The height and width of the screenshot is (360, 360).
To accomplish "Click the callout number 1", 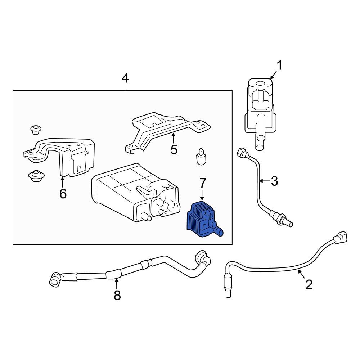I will pyautogui.click(x=280, y=66).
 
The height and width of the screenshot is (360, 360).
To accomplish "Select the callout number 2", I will pyautogui.click(x=309, y=284).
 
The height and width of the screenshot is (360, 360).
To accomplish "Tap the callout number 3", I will pyautogui.click(x=274, y=181).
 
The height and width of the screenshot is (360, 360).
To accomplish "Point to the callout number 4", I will pyautogui.click(x=125, y=78).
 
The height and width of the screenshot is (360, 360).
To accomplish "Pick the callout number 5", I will pyautogui.click(x=174, y=149).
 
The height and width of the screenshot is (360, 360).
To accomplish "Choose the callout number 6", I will pyautogui.click(x=63, y=194).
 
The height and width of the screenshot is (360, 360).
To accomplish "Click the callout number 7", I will pyautogui.click(x=202, y=183).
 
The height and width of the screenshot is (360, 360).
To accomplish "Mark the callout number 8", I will pyautogui.click(x=117, y=295).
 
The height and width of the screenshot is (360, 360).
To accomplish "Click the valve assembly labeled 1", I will pyautogui.click(x=259, y=108).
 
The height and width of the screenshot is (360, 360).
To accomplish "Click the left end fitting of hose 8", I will pyautogui.click(x=55, y=279).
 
